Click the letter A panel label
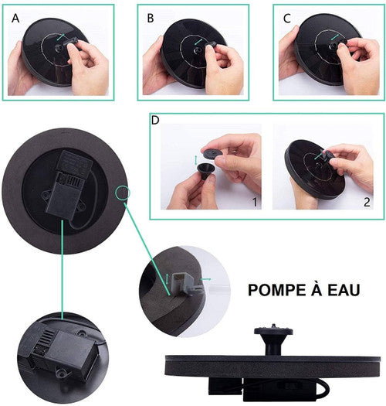point(15,19)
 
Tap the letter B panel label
point(151,19)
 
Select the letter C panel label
point(287,19)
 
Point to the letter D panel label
point(155,120)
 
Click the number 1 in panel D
point(255,202)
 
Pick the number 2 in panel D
point(367,202)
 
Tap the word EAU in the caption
point(344,290)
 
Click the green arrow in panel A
point(61,37)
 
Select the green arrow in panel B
point(198,42)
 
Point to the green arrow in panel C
point(335,37)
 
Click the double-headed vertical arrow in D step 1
point(196,160)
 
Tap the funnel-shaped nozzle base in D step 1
point(206,172)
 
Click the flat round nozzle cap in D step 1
point(212,153)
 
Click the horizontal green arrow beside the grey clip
point(206,279)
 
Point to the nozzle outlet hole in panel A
point(57,48)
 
